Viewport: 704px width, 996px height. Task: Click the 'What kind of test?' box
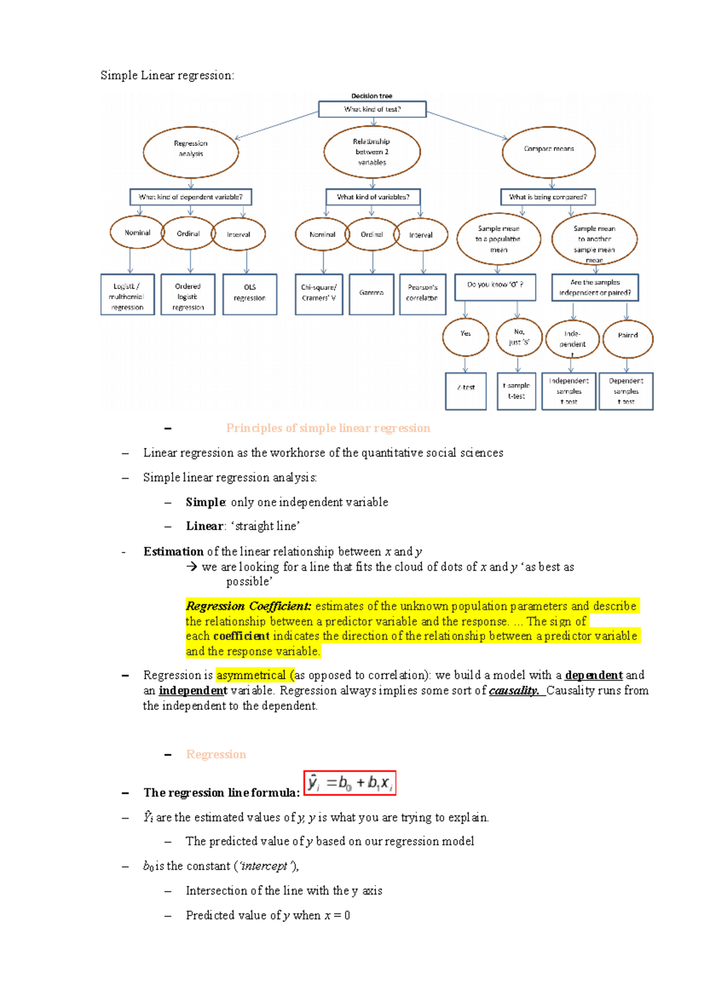(x=372, y=109)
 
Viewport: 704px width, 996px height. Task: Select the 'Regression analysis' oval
(x=191, y=151)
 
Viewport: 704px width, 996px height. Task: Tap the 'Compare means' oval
(x=549, y=151)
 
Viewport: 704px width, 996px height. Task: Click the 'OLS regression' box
(x=250, y=294)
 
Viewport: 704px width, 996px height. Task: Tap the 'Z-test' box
(x=466, y=391)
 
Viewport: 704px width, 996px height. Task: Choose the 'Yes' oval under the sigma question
(x=465, y=336)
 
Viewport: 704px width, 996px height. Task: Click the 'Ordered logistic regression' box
(x=188, y=294)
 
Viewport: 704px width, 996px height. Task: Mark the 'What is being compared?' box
(x=547, y=197)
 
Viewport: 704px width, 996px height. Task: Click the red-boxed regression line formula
(x=350, y=782)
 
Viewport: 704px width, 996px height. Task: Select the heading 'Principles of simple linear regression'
(x=328, y=428)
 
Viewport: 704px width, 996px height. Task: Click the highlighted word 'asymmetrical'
(x=251, y=675)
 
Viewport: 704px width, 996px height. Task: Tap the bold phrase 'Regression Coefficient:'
(x=248, y=606)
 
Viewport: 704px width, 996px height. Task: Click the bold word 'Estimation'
(x=173, y=551)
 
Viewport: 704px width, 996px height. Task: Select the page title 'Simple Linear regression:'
(x=167, y=75)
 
